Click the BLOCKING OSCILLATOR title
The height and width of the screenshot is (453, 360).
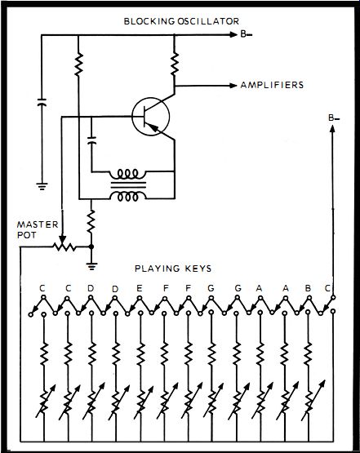pyautogui.click(x=181, y=21)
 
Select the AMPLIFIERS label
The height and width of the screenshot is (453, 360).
pyautogui.click(x=272, y=85)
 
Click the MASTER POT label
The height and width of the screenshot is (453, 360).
pyautogui.click(x=38, y=229)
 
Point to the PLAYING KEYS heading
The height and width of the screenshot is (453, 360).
pyautogui.click(x=173, y=269)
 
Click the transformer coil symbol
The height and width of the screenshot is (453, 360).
pyautogui.click(x=128, y=185)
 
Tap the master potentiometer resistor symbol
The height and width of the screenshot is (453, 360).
pyautogui.click(x=64, y=247)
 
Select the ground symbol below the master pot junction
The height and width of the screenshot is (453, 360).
pyautogui.click(x=91, y=266)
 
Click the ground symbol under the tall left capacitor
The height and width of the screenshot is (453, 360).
pyautogui.click(x=42, y=186)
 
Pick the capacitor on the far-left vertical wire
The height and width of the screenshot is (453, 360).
pyautogui.click(x=42, y=102)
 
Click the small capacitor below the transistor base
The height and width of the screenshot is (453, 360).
pyautogui.click(x=92, y=140)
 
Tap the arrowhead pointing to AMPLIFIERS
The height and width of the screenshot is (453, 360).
pyautogui.click(x=233, y=86)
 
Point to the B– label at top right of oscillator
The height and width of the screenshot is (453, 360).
pyautogui.click(x=247, y=34)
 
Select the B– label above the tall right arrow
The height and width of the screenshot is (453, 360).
pyautogui.click(x=334, y=118)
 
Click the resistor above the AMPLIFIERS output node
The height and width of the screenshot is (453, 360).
pyautogui.click(x=175, y=64)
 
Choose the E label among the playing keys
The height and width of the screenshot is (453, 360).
pyautogui.click(x=140, y=288)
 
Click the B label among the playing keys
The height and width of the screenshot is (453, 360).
pyautogui.click(x=308, y=288)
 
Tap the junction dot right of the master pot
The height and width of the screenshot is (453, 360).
pyautogui.click(x=91, y=247)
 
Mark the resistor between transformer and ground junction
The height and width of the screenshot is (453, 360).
pyautogui.click(x=91, y=221)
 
